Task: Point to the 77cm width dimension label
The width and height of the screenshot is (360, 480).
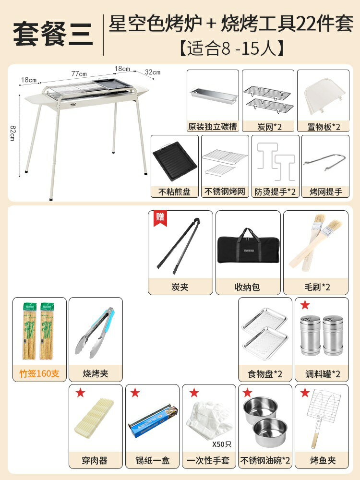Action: (79, 74)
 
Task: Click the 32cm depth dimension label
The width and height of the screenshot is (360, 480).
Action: (153, 72)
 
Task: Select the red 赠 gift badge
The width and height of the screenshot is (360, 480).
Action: (158, 217)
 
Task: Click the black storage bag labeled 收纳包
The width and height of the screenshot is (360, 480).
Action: (248, 246)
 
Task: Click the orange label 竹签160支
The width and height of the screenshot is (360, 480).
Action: (39, 373)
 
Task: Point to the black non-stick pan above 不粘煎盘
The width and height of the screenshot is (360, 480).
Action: (174, 160)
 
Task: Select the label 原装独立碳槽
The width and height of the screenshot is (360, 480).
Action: (213, 127)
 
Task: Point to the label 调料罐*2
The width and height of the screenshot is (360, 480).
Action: (321, 373)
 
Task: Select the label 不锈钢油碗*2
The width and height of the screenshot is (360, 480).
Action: (265, 460)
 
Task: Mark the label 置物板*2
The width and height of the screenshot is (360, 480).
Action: (323, 127)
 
